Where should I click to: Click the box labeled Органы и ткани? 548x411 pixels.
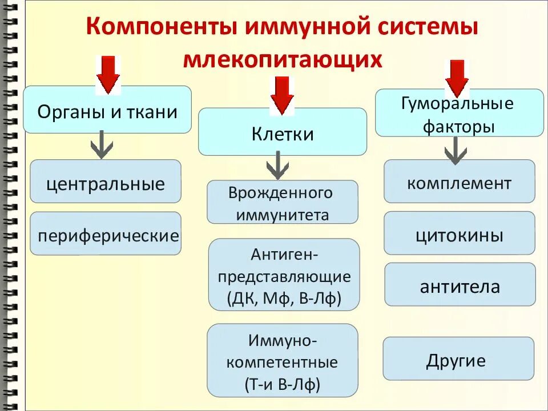point(107,110)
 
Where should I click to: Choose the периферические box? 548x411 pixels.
point(106,234)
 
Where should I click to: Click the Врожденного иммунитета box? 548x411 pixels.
point(282,203)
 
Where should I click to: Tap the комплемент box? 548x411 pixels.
point(459,182)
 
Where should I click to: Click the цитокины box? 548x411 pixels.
point(459,233)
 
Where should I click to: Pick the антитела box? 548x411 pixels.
point(460,285)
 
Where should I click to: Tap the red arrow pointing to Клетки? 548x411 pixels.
point(281,95)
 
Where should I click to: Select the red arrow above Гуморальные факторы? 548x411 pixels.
point(457,77)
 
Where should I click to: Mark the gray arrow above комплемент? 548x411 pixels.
point(454,151)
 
